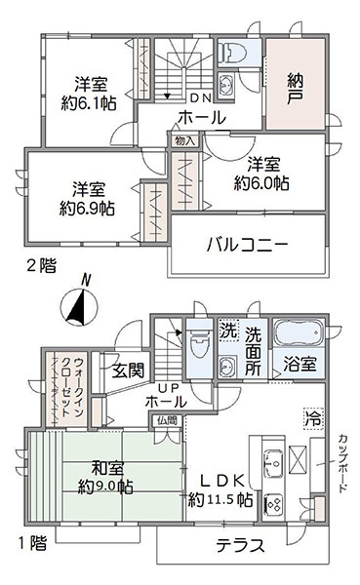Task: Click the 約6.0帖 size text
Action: [260, 182]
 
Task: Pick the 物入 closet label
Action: [184, 140]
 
